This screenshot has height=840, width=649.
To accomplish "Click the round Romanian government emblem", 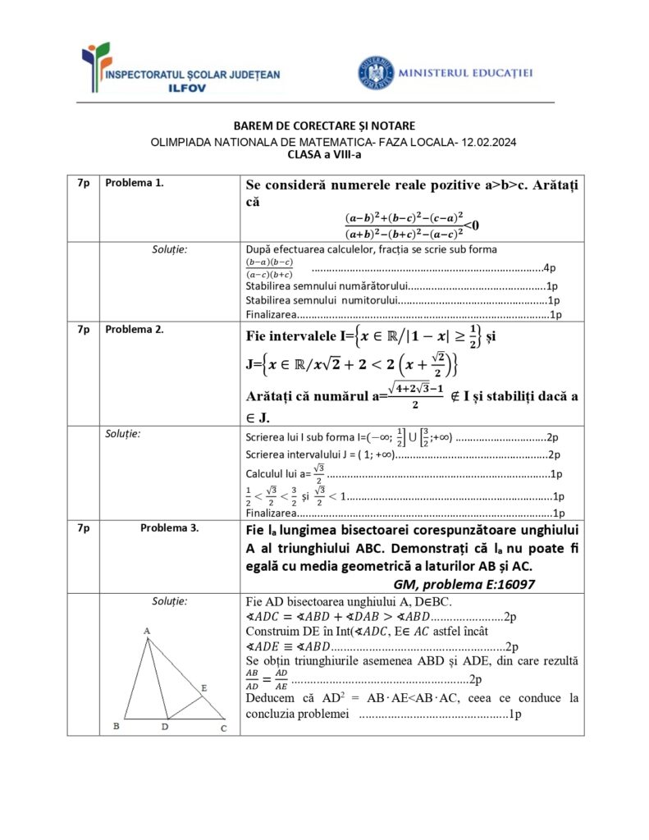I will pos(376,72).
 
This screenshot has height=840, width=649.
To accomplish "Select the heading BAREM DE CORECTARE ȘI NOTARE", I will pos(324,126).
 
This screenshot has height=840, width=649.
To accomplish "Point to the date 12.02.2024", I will pos(487,141).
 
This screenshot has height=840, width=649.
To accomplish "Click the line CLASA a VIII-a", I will pos(324,153).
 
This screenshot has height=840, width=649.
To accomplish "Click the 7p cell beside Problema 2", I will pos(83,329).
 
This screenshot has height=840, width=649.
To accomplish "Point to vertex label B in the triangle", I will pos(117,726).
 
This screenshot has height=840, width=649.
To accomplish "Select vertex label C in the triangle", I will pos(223,727).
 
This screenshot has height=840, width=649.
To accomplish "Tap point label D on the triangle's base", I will pos(165,727).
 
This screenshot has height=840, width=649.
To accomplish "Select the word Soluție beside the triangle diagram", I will pos(170,601).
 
